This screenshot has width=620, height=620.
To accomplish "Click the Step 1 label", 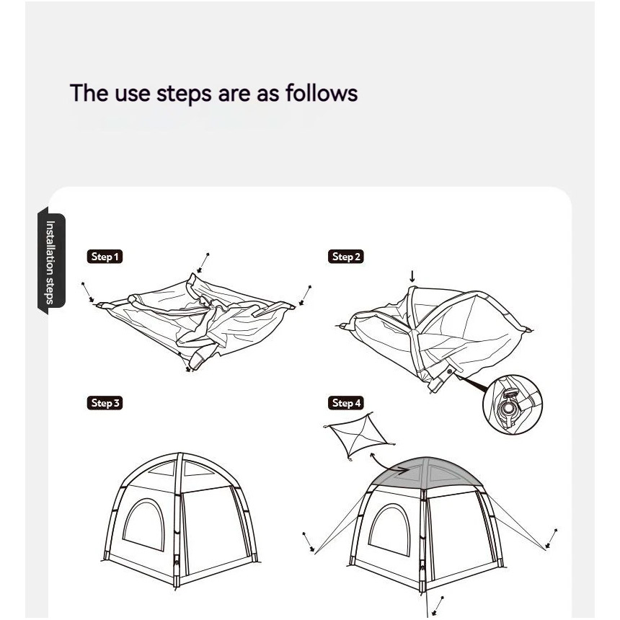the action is [x=105, y=257].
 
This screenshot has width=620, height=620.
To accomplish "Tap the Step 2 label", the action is [x=345, y=257].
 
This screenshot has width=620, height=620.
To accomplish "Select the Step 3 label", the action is [x=105, y=403].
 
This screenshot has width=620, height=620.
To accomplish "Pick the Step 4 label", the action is [x=345, y=403].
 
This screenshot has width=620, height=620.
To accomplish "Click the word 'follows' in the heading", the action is [x=322, y=93].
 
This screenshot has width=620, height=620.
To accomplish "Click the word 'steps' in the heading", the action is [x=185, y=94].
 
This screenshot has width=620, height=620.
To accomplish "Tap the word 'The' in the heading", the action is [x=89, y=93].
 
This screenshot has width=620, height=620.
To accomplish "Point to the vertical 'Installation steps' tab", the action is [x=51, y=261].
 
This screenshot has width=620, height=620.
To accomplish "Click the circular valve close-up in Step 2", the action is [x=513, y=404].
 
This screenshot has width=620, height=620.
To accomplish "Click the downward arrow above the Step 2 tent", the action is [x=412, y=276].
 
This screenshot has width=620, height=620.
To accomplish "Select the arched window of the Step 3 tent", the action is [x=144, y=524].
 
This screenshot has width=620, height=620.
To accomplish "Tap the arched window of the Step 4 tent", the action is [x=389, y=529].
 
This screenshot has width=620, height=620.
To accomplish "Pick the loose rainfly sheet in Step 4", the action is [x=358, y=436].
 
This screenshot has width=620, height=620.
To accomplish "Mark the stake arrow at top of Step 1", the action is [x=203, y=263].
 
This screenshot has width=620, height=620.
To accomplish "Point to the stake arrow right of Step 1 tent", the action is [x=305, y=296].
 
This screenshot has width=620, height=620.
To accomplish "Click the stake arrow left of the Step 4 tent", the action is [x=309, y=541].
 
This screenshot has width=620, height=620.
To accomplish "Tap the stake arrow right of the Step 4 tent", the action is [x=552, y=539].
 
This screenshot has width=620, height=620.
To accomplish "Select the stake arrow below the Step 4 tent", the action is [x=438, y=606].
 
